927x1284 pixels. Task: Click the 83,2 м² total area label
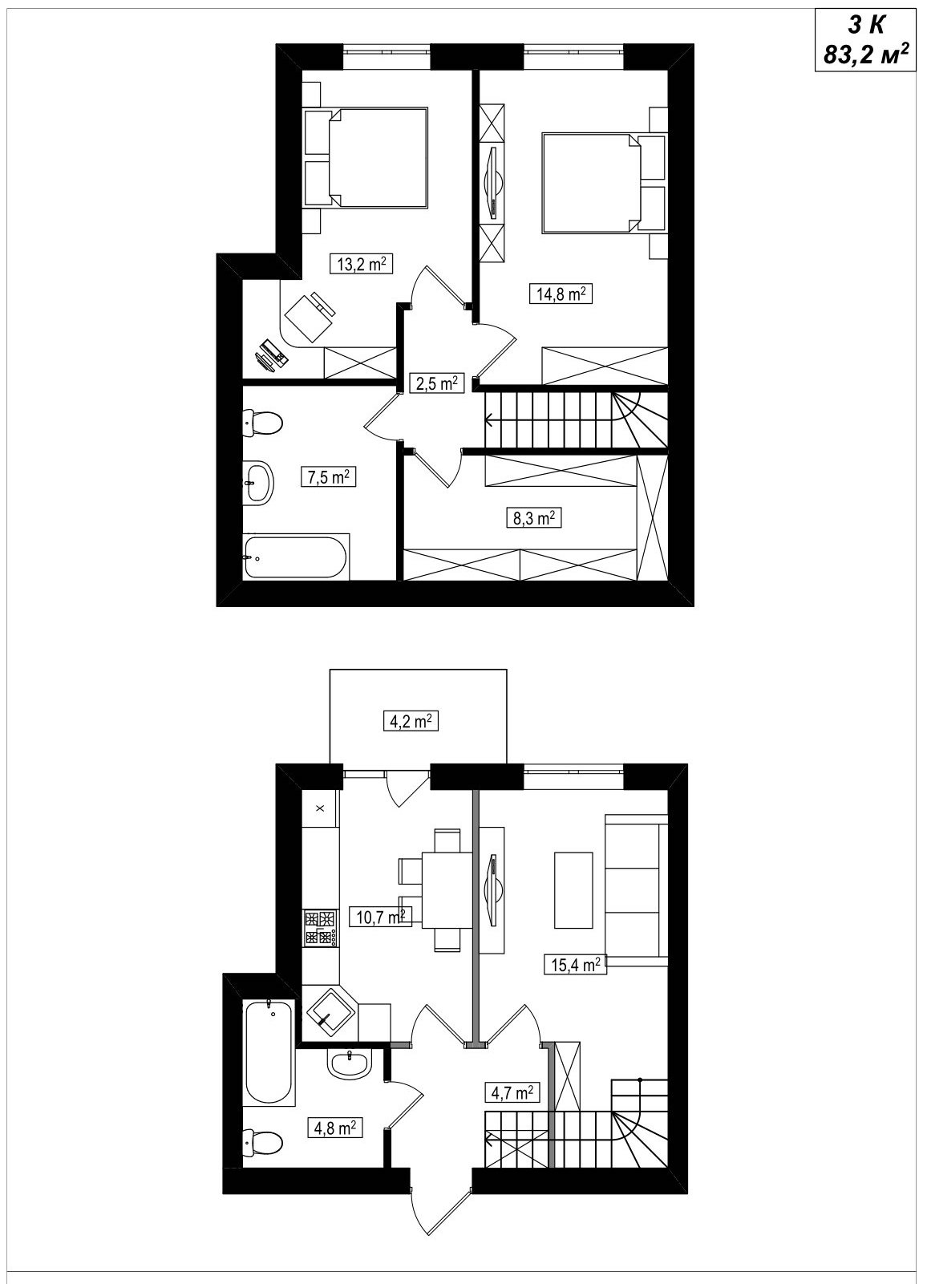tap(866, 55)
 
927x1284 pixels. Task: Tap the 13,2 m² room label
tap(361, 264)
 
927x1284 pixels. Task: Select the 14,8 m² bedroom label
tap(561, 294)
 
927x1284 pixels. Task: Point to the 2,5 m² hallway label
tap(436, 383)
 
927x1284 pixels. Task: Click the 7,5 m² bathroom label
tap(329, 477)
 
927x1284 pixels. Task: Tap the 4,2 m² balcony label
tap(411, 720)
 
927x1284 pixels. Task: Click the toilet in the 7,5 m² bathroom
tap(263, 423)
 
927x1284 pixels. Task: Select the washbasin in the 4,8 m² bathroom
tap(349, 1066)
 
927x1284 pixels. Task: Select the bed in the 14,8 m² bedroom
tap(603, 183)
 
